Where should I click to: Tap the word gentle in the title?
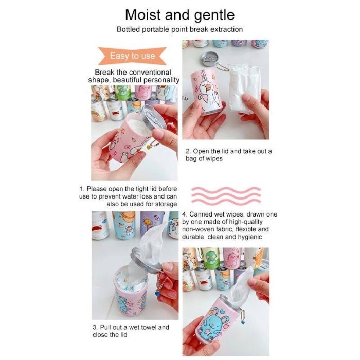(x=214, y=15)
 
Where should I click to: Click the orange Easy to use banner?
(x=132, y=56)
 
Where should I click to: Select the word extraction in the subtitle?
(x=227, y=29)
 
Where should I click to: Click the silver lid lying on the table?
(x=210, y=59)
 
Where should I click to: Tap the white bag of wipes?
(x=244, y=88)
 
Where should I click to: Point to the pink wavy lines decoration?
(x=226, y=195)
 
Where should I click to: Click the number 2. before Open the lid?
(x=188, y=151)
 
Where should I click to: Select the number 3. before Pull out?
(x=95, y=327)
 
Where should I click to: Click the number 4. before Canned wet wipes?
(x=185, y=214)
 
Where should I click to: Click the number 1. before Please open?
(x=82, y=189)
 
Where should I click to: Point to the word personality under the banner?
(x=161, y=80)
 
